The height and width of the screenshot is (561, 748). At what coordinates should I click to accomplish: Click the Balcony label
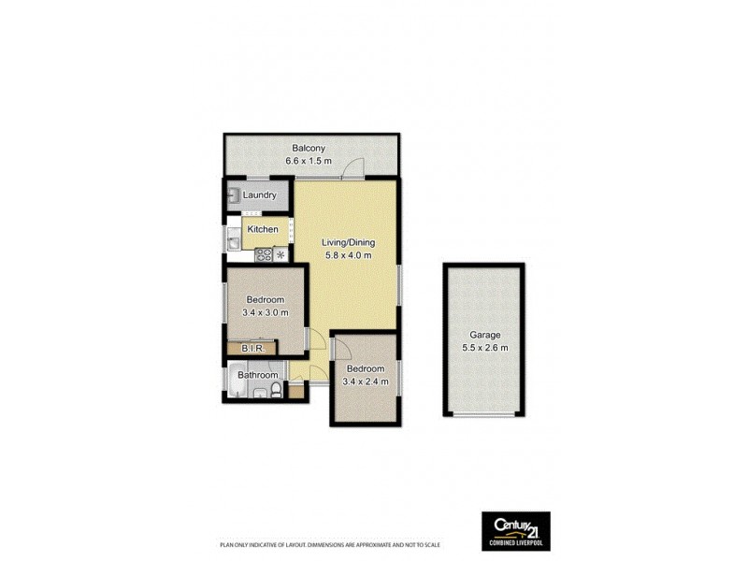(309, 149)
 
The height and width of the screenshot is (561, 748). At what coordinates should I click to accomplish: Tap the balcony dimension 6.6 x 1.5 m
(309, 162)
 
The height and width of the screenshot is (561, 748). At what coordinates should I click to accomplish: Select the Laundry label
(259, 195)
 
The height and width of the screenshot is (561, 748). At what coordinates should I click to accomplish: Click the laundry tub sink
(232, 195)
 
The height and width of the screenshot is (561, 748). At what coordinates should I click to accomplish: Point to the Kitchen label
(263, 229)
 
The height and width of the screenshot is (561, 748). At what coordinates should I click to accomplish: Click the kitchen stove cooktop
(264, 253)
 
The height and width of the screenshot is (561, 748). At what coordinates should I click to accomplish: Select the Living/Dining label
(348, 243)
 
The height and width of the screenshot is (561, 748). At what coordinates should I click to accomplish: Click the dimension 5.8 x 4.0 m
(348, 255)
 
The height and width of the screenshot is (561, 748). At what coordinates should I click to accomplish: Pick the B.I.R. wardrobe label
(253, 350)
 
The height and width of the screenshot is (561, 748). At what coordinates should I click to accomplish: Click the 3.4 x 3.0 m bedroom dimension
(265, 312)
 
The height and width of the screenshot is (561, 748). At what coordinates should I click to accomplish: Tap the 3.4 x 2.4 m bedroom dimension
(363, 381)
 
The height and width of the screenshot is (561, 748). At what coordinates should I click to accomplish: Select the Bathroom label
(258, 376)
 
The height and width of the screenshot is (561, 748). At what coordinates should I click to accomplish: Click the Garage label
(485, 335)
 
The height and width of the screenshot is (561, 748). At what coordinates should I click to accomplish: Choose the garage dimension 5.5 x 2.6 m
(485, 348)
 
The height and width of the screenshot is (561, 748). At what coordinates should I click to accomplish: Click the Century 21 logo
(515, 529)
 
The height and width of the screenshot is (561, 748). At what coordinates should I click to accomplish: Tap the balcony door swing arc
(352, 168)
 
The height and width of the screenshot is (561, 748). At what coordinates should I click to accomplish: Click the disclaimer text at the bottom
(329, 545)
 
